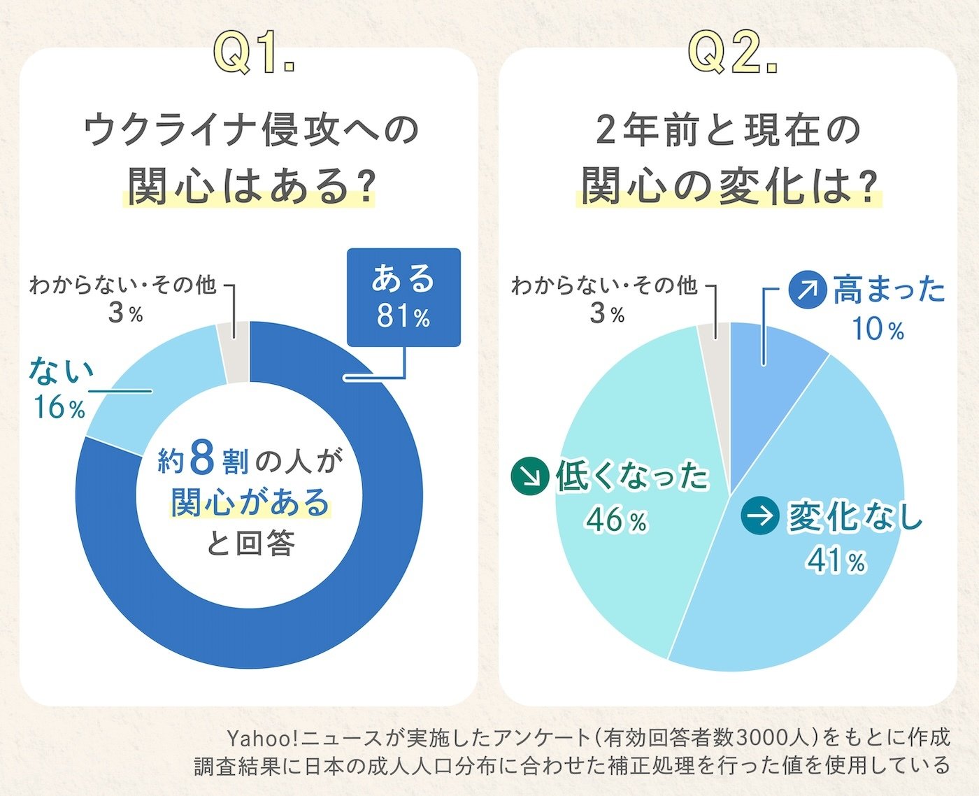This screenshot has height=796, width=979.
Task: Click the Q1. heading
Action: point(254,53)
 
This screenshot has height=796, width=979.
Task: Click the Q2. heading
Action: point(733,53)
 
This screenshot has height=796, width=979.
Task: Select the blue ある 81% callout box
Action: point(403,297)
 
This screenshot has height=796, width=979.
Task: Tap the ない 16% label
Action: point(60,389)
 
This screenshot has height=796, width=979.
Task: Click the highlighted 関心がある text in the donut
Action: point(250,502)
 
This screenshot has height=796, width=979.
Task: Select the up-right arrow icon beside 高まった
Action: point(808,289)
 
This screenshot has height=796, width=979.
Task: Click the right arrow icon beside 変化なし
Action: point(760,516)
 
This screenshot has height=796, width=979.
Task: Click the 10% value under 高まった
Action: point(878,329)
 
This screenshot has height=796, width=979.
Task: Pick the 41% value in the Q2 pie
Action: point(836,561)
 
